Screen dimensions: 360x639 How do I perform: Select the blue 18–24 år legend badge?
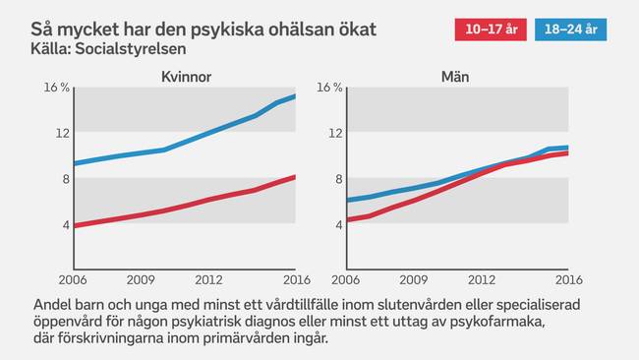pos(570,30)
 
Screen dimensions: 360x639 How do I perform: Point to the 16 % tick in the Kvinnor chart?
pos(57,88)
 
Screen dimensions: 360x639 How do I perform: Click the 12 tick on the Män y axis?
pos(335,133)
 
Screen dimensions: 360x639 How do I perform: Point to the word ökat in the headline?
pos(353,29)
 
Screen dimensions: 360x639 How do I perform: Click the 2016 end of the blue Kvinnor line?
pos(294,95)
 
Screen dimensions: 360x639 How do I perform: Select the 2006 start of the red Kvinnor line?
pos(75,225)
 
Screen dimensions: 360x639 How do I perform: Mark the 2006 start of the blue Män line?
pos(346,200)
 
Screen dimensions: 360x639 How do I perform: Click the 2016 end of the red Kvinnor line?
pos(294,177)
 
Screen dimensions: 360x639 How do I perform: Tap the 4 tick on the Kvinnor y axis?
pos(65,224)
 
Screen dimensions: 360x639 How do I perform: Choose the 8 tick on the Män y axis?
pos(338,178)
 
